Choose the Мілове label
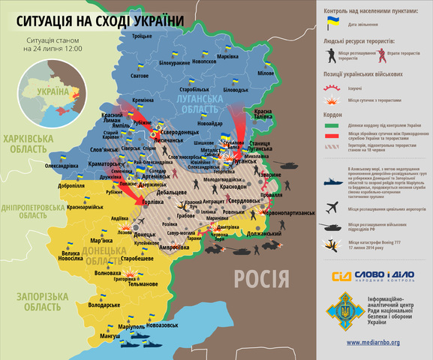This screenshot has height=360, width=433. pyautogui.click(x=266, y=73)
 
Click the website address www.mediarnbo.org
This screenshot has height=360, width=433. pyautogui.click(x=373, y=343)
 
